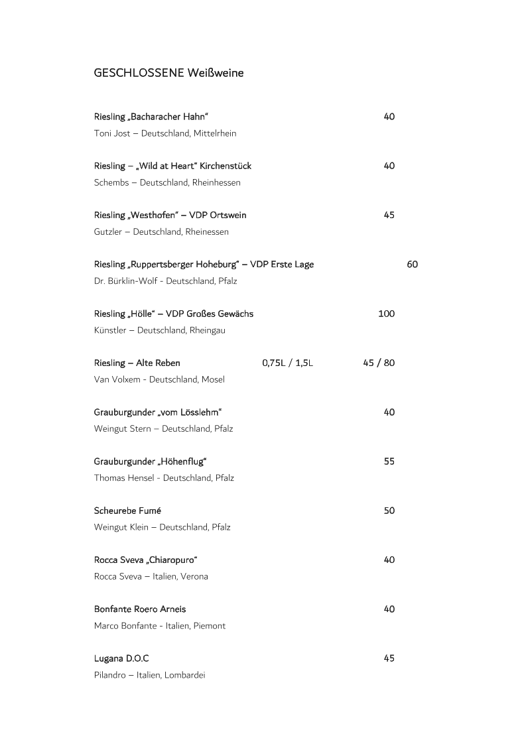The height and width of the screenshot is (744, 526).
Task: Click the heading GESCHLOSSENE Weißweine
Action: tap(168, 73)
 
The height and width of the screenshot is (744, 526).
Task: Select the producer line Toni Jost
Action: tap(165, 133)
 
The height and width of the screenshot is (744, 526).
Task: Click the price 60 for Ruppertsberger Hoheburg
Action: tap(412, 265)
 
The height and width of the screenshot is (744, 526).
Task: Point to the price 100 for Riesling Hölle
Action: tap(386, 314)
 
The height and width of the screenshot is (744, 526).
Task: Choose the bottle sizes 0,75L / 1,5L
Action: tap(287, 363)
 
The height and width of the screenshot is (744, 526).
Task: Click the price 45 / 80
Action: tap(379, 363)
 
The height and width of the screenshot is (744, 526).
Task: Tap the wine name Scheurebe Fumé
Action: tap(127, 511)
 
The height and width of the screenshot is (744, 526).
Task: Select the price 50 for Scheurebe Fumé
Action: tap(389, 511)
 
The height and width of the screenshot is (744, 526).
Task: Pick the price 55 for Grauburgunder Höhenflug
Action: tap(389, 462)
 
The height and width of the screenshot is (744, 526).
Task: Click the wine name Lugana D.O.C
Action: tap(121, 658)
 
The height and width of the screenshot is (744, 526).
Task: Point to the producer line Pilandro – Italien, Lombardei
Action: tap(150, 675)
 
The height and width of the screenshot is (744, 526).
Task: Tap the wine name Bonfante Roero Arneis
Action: tap(140, 609)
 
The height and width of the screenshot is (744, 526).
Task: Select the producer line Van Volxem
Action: tap(159, 380)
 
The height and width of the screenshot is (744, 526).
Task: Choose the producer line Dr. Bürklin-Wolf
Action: tap(165, 281)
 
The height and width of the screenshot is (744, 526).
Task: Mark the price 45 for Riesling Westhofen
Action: tap(389, 216)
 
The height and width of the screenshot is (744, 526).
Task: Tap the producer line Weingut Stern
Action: tap(163, 429)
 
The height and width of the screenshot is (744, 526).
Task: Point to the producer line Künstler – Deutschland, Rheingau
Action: tap(159, 330)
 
